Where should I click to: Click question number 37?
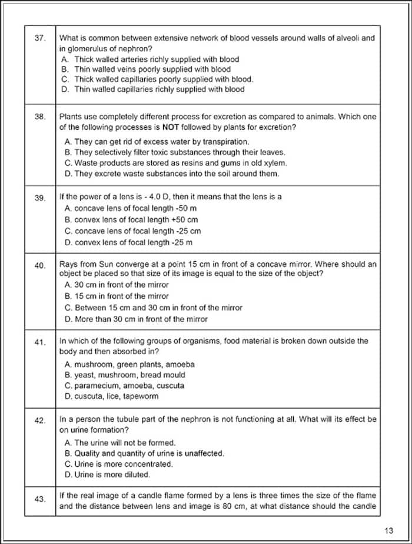(x=40, y=38)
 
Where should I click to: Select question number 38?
(x=40, y=117)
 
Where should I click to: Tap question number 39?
(x=40, y=198)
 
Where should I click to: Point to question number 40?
(x=40, y=266)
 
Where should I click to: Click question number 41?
(x=40, y=343)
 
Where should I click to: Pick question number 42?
(x=40, y=421)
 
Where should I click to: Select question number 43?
(x=40, y=499)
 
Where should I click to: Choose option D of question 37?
(x=152, y=90)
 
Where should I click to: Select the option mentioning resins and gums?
(x=175, y=163)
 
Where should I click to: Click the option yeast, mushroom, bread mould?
(x=124, y=375)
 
